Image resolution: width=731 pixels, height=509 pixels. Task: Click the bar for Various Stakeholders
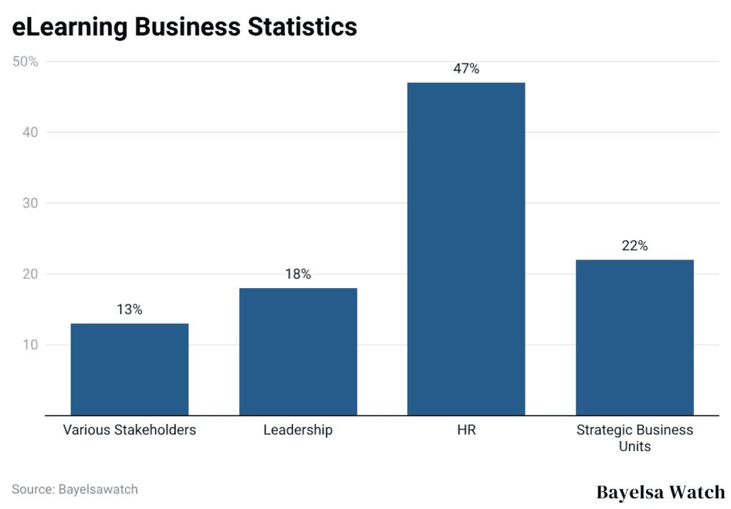(x=129, y=369)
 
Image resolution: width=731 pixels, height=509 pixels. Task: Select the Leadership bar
(x=298, y=351)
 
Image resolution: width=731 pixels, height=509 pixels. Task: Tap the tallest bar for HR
(x=466, y=249)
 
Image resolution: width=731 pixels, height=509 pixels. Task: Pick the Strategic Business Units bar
(x=635, y=337)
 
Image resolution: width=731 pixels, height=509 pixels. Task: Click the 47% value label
(x=466, y=69)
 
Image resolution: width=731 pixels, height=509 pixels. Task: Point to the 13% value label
(x=129, y=310)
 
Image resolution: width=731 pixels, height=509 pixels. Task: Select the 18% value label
(x=298, y=275)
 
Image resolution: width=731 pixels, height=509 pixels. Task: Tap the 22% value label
(x=635, y=246)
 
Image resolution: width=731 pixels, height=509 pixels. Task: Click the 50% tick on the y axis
(x=25, y=61)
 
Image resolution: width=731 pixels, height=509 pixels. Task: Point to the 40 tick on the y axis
(x=29, y=132)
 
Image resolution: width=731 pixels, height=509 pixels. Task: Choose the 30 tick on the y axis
(x=29, y=203)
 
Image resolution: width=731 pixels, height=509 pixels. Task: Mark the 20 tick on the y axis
(x=29, y=274)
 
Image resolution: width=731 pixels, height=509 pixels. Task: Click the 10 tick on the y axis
(x=29, y=345)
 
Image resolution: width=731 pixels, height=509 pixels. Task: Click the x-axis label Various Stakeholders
(x=129, y=430)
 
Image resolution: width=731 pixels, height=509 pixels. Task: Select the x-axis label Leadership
(x=298, y=430)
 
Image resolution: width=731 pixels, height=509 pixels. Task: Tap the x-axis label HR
(x=466, y=430)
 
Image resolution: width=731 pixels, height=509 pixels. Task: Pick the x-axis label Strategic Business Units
(x=635, y=438)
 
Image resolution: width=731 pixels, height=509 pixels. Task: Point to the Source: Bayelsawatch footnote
(x=75, y=490)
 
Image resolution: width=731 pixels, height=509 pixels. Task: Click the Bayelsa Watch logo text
(x=660, y=492)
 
